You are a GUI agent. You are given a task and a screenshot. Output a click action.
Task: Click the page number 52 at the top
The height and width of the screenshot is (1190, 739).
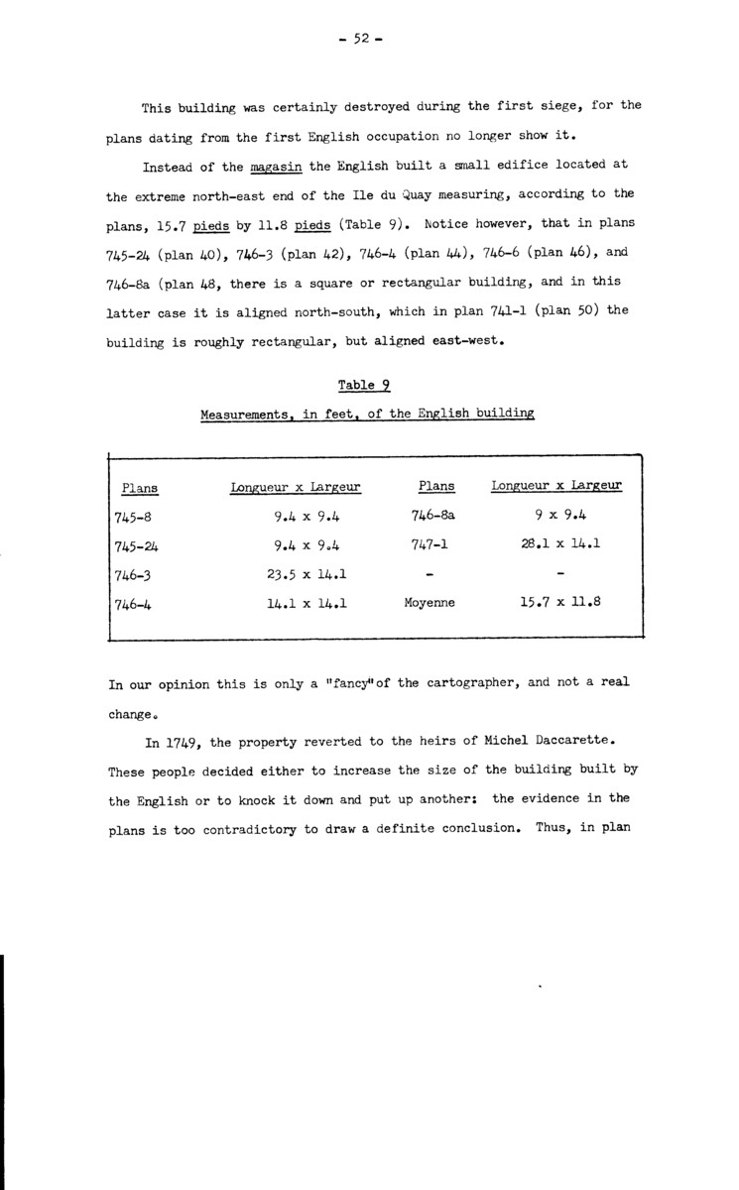point(359,39)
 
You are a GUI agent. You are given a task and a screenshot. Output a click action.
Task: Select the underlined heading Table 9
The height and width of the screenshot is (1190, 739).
point(364,386)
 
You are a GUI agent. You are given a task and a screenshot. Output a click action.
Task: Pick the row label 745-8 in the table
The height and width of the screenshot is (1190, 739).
point(132,517)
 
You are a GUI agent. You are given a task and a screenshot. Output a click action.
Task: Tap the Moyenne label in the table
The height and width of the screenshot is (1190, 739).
point(430,602)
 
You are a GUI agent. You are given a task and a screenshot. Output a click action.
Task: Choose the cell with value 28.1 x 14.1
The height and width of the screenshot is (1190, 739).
point(557,544)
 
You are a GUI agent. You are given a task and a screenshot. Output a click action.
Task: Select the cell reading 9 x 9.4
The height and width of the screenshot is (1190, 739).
point(557,516)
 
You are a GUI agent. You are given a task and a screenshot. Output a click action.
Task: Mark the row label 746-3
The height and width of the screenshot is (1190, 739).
point(132,574)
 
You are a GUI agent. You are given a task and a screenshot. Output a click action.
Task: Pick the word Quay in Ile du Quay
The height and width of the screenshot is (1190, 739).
point(431,193)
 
